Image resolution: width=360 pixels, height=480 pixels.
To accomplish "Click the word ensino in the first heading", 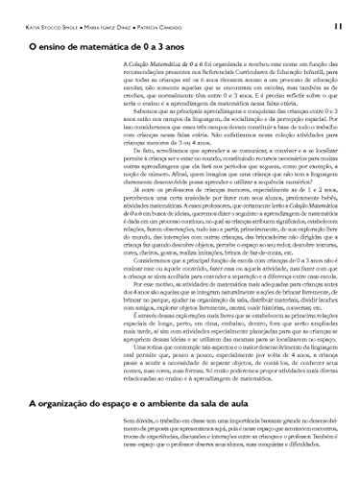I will [x=55, y=45].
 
